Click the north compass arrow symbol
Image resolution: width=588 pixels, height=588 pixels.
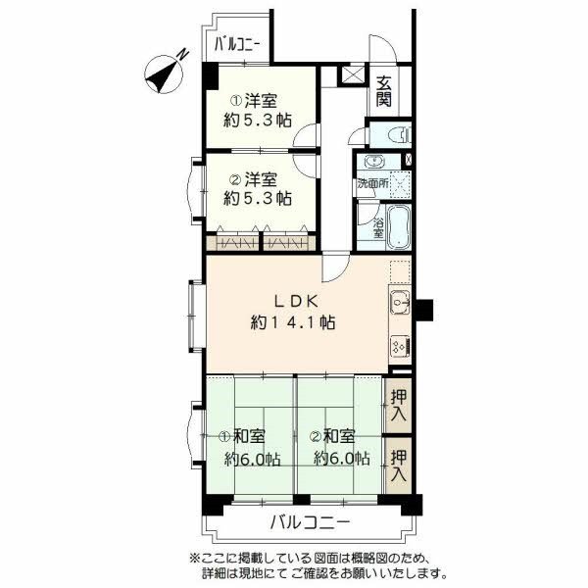(x=168, y=71)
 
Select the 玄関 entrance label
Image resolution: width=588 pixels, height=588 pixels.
(x=383, y=89)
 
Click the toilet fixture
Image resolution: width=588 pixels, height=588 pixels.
(x=391, y=135)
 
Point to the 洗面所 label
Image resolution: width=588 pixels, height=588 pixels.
(x=373, y=182)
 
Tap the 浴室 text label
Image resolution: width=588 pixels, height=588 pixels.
(x=378, y=226)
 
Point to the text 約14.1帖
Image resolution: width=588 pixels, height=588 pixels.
(x=293, y=321)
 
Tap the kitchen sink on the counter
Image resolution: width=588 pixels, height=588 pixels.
(x=400, y=307)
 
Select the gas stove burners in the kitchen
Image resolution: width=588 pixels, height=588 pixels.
(x=400, y=345)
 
